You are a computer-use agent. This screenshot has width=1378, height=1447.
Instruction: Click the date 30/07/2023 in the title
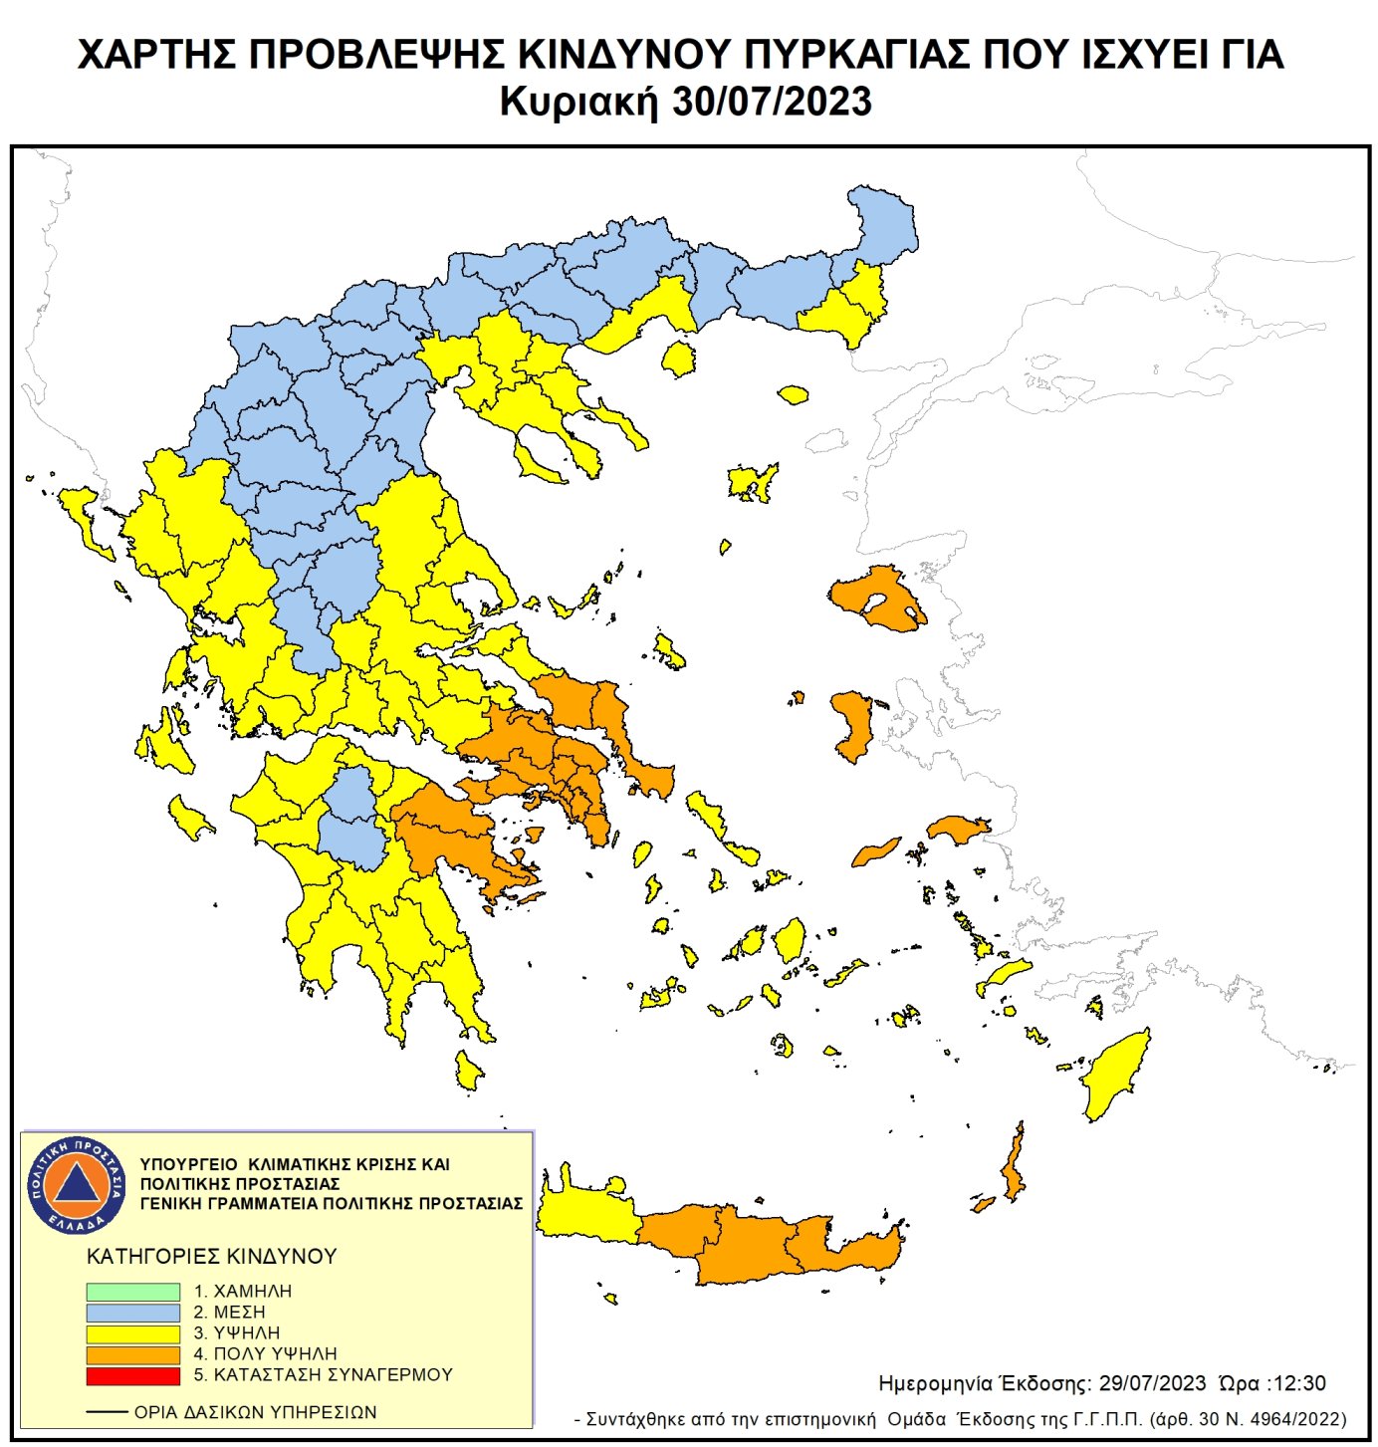pos(772,103)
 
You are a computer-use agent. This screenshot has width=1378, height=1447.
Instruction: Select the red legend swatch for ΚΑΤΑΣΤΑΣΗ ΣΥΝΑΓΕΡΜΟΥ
pos(132,1375)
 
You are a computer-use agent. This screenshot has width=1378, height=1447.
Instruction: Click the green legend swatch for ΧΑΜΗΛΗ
pos(132,1292)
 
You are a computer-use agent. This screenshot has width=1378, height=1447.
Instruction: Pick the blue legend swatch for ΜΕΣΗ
pos(132,1313)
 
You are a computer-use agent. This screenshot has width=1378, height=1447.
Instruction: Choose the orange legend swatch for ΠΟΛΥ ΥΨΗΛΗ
pos(132,1354)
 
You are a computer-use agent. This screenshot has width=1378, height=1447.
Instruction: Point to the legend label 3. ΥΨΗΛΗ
pos(237,1332)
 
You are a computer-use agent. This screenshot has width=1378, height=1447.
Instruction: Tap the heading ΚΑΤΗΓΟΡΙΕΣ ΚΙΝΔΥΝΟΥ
pos(211,1257)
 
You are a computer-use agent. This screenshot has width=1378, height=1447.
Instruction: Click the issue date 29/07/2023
pos(1152,1384)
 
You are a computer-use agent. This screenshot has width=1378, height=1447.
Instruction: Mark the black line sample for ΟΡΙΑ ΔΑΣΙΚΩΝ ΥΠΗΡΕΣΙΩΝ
pos(108,1412)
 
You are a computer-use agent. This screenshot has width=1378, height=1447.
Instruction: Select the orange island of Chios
pos(852,725)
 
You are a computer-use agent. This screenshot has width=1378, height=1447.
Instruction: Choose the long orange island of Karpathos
pos(1014,1166)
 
